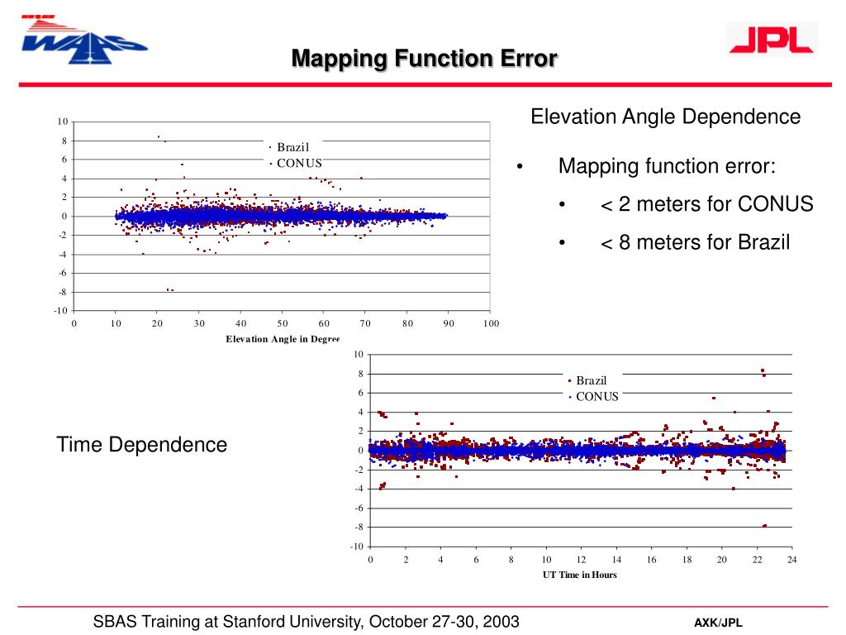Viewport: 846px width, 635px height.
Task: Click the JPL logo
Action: click(771, 39)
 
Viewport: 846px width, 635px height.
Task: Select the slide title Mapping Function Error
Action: click(424, 59)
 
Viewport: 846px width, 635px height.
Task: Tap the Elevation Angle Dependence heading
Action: click(665, 117)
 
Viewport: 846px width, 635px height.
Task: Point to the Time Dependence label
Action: click(141, 445)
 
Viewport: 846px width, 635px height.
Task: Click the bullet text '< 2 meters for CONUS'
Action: click(706, 204)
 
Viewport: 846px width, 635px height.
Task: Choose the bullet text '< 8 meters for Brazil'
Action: click(706, 242)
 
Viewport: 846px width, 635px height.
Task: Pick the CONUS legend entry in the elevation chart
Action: click(298, 163)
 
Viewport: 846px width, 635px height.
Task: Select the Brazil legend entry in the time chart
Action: click(591, 380)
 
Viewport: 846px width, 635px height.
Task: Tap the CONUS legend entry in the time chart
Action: click(596, 396)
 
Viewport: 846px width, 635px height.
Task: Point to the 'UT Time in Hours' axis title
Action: click(580, 575)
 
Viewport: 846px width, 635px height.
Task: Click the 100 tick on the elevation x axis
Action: click(492, 323)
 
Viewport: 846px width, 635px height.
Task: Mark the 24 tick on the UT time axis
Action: click(791, 560)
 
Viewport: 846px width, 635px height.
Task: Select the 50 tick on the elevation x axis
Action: click(283, 323)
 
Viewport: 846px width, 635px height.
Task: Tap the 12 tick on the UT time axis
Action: click(581, 560)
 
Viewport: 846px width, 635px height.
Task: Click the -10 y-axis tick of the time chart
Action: click(357, 547)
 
